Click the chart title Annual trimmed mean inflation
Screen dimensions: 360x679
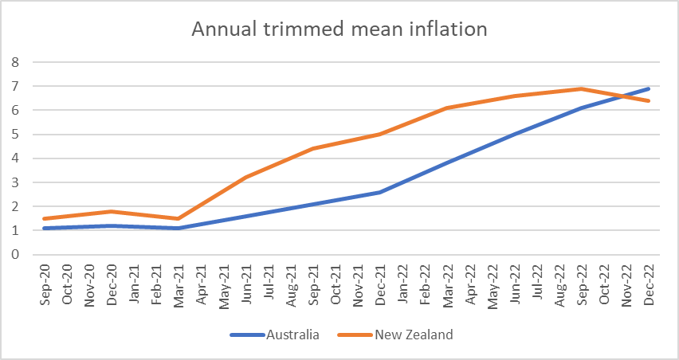coord(339,30)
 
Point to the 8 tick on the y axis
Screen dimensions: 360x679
coord(14,61)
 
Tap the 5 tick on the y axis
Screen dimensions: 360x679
coord(14,134)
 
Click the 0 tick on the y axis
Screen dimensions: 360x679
coord(14,255)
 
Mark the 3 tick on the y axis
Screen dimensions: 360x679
coord(14,182)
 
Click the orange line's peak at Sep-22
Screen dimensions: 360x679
coord(582,88)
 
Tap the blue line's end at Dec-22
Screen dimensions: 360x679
coord(649,88)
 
